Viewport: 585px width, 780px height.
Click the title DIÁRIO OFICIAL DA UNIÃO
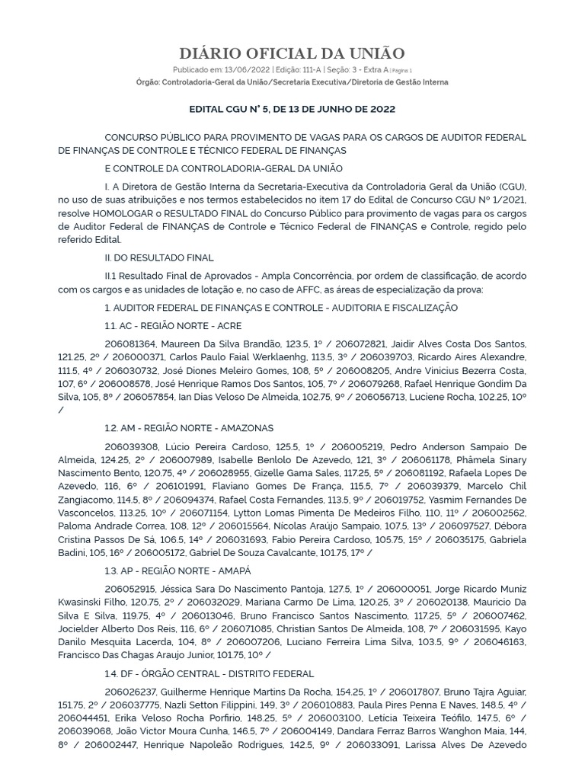292,53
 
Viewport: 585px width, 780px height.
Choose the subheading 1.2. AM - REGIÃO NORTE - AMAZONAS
189,428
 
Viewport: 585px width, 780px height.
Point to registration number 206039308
131,446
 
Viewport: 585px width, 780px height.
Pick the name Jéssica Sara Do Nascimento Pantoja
248,589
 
